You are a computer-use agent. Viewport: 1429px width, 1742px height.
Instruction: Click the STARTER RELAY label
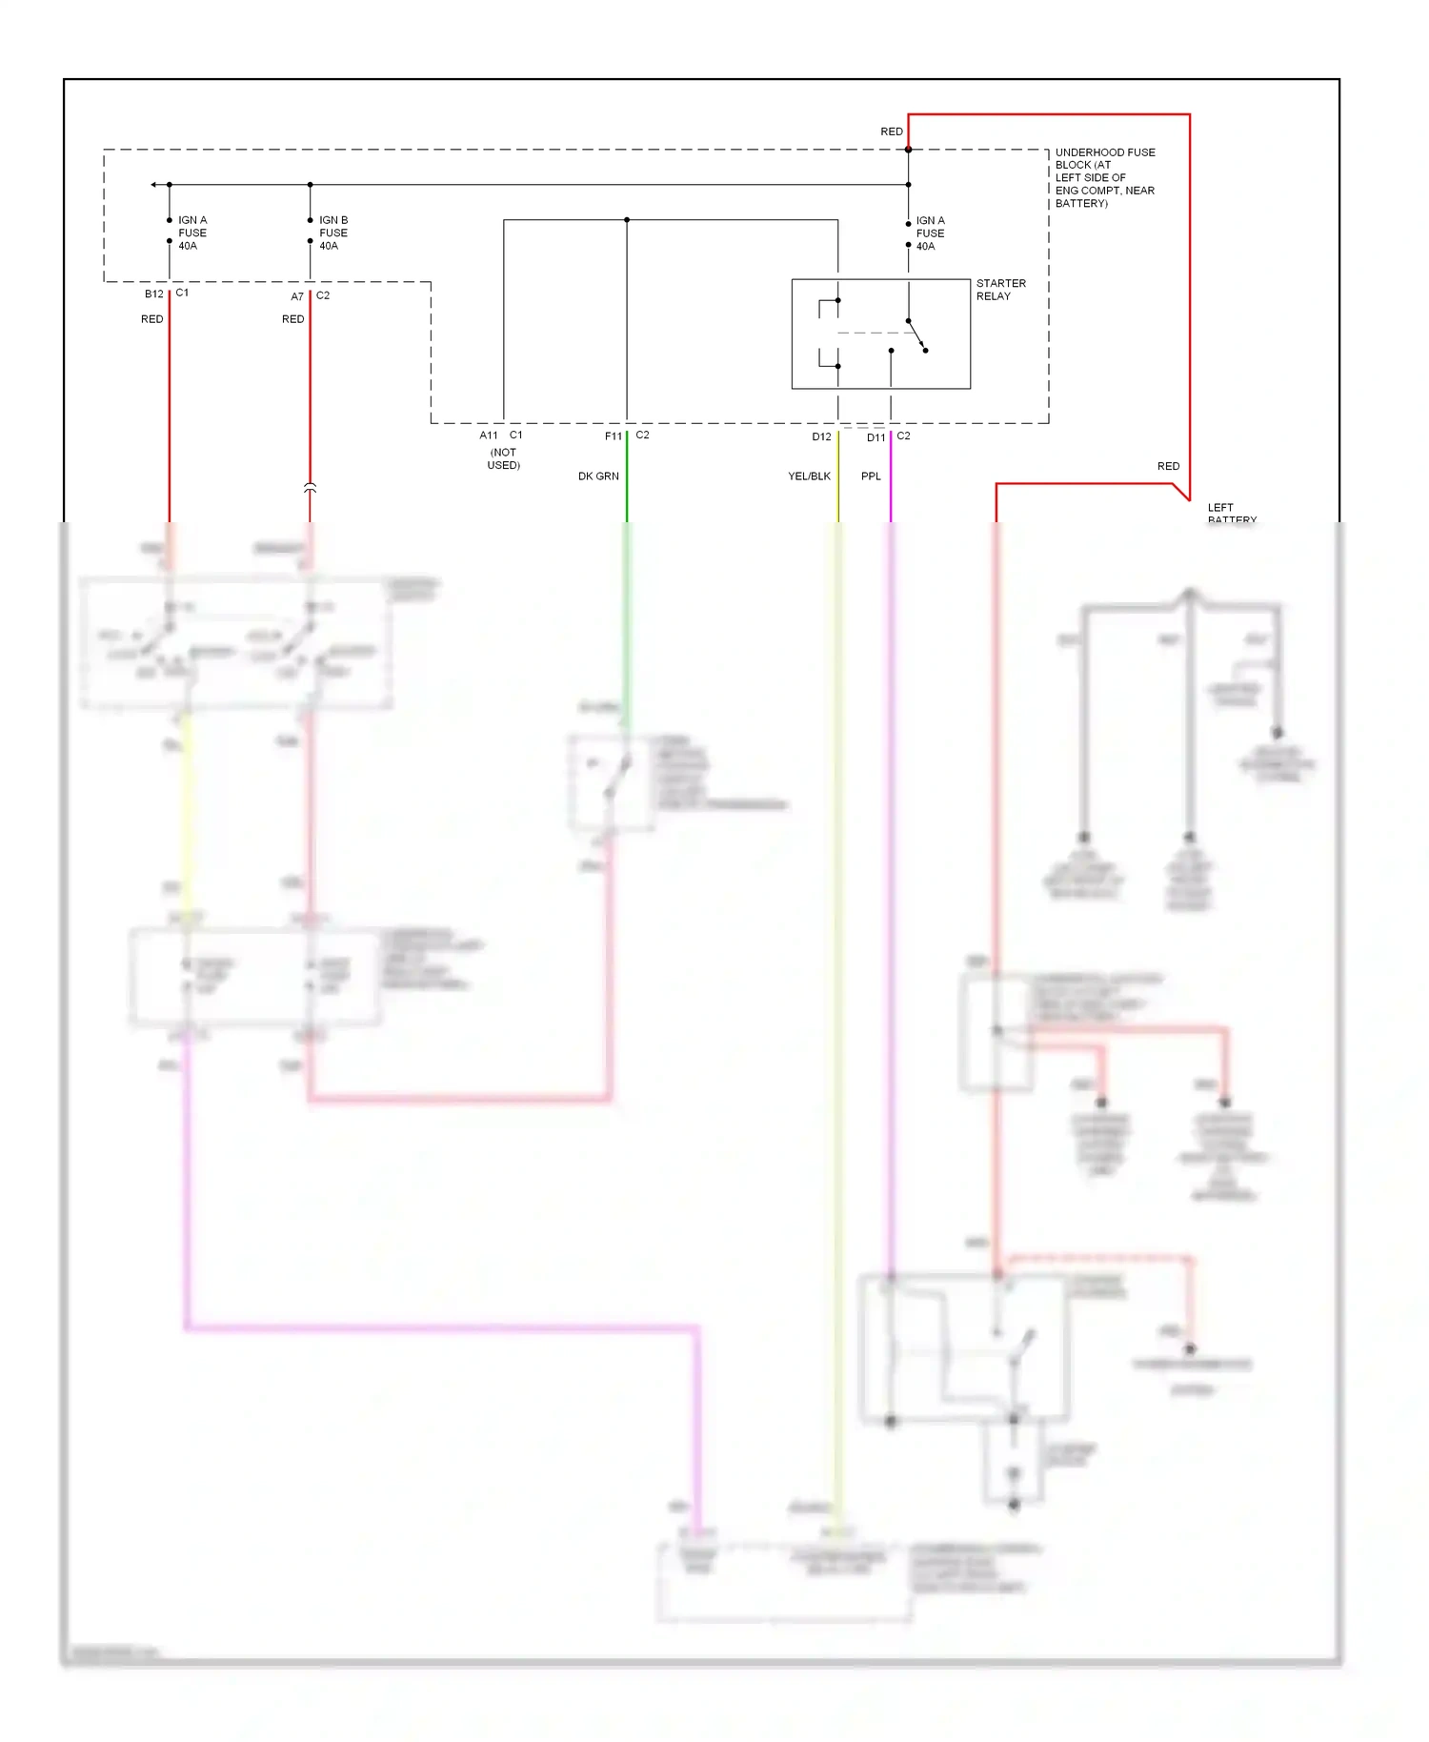click(1000, 290)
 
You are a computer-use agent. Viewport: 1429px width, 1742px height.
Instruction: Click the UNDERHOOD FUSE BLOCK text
click(1104, 177)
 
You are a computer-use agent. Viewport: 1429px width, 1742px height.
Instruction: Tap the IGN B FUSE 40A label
click(333, 233)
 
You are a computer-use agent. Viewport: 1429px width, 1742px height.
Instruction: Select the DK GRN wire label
click(598, 476)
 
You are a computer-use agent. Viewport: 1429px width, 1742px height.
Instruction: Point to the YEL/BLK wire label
click(809, 476)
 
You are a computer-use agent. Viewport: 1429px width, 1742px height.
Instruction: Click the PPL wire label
click(871, 476)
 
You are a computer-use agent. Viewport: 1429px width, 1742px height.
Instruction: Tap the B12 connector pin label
click(154, 294)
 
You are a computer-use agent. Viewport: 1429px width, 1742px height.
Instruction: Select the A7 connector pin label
click(297, 296)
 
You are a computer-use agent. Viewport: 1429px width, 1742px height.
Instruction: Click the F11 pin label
click(614, 436)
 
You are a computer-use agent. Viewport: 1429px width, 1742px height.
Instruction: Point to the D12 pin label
click(821, 436)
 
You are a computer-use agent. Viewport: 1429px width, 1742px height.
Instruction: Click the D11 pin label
click(876, 437)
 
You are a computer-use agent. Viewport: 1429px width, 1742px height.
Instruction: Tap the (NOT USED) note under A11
click(503, 458)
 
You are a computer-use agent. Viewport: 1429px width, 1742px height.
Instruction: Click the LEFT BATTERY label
click(1231, 514)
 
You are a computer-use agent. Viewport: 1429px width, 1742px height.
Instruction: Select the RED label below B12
click(152, 319)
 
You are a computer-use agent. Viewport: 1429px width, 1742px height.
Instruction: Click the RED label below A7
click(293, 319)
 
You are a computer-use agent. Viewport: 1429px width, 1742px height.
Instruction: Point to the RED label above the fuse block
click(892, 132)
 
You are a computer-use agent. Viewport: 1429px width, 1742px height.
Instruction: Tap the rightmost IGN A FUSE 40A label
click(930, 233)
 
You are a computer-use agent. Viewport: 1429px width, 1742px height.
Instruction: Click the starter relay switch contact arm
click(916, 335)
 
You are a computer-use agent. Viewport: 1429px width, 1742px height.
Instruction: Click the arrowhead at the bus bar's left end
click(153, 184)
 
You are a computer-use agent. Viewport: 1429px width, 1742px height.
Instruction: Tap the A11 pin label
click(489, 435)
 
